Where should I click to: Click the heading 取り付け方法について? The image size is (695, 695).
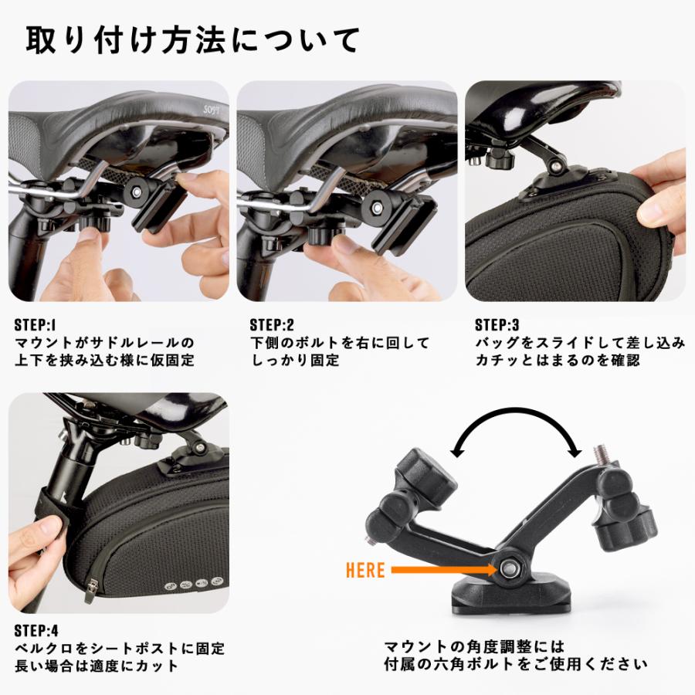193,40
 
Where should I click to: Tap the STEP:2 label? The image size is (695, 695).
272,324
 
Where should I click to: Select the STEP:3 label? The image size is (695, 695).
498,324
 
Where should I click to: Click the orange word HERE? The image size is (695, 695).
365,570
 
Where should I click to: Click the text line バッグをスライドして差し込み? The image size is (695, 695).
579,342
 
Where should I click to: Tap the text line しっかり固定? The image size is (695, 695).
295,360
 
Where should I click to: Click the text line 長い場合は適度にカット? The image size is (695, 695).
97,665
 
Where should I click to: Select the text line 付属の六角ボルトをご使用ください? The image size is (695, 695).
515,663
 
